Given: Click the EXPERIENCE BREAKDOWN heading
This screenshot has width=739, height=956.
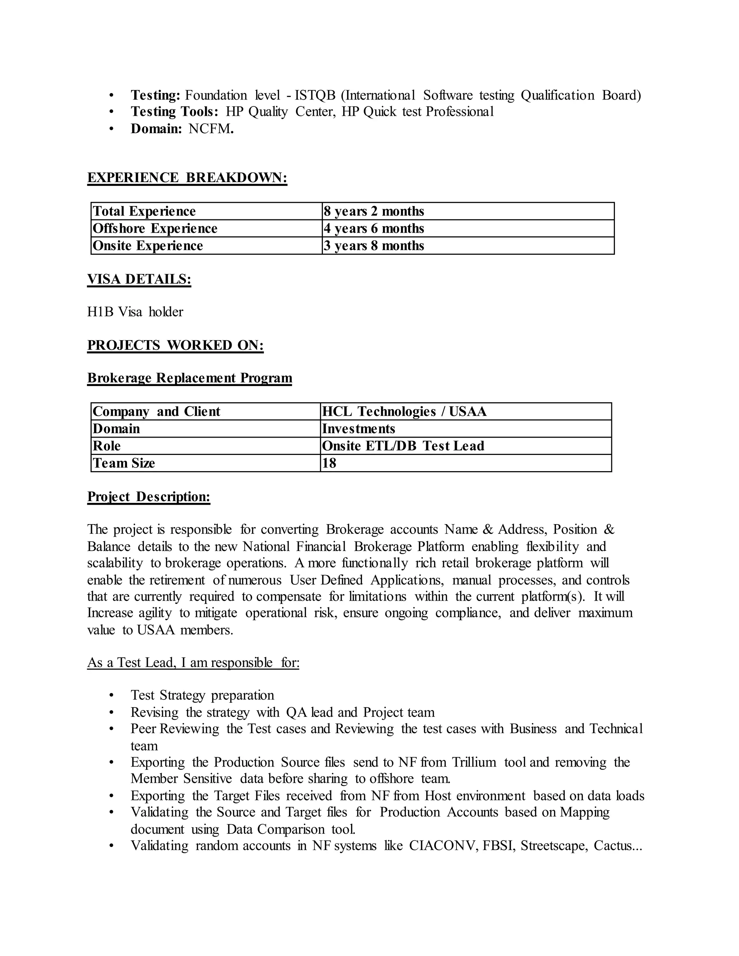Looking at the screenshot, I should click(x=187, y=178).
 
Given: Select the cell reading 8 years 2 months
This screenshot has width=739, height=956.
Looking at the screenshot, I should click(x=374, y=211).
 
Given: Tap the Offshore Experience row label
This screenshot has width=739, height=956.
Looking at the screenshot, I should click(x=155, y=228).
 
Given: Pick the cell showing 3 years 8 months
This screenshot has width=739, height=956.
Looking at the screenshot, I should click(x=374, y=246).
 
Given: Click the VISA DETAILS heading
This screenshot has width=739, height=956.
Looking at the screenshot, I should click(x=139, y=279).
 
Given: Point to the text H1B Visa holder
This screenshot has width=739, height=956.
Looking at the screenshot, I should click(x=135, y=312).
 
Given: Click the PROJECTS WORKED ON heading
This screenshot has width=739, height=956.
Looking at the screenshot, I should click(x=175, y=345).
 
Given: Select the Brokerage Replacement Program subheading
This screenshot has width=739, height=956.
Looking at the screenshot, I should click(x=189, y=378).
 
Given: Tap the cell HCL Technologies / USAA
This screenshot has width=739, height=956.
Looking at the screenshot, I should click(x=404, y=412).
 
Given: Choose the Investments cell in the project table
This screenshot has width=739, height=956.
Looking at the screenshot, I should click(x=359, y=429).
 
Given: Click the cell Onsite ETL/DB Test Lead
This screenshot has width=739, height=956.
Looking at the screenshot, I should click(x=403, y=446).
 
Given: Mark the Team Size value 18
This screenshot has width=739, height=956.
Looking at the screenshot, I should click(x=329, y=463).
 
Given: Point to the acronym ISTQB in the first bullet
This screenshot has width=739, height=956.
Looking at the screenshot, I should click(x=315, y=96).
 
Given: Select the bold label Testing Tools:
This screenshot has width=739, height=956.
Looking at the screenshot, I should click(x=174, y=112).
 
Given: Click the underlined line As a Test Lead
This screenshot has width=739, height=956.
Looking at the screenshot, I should click(x=193, y=663).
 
